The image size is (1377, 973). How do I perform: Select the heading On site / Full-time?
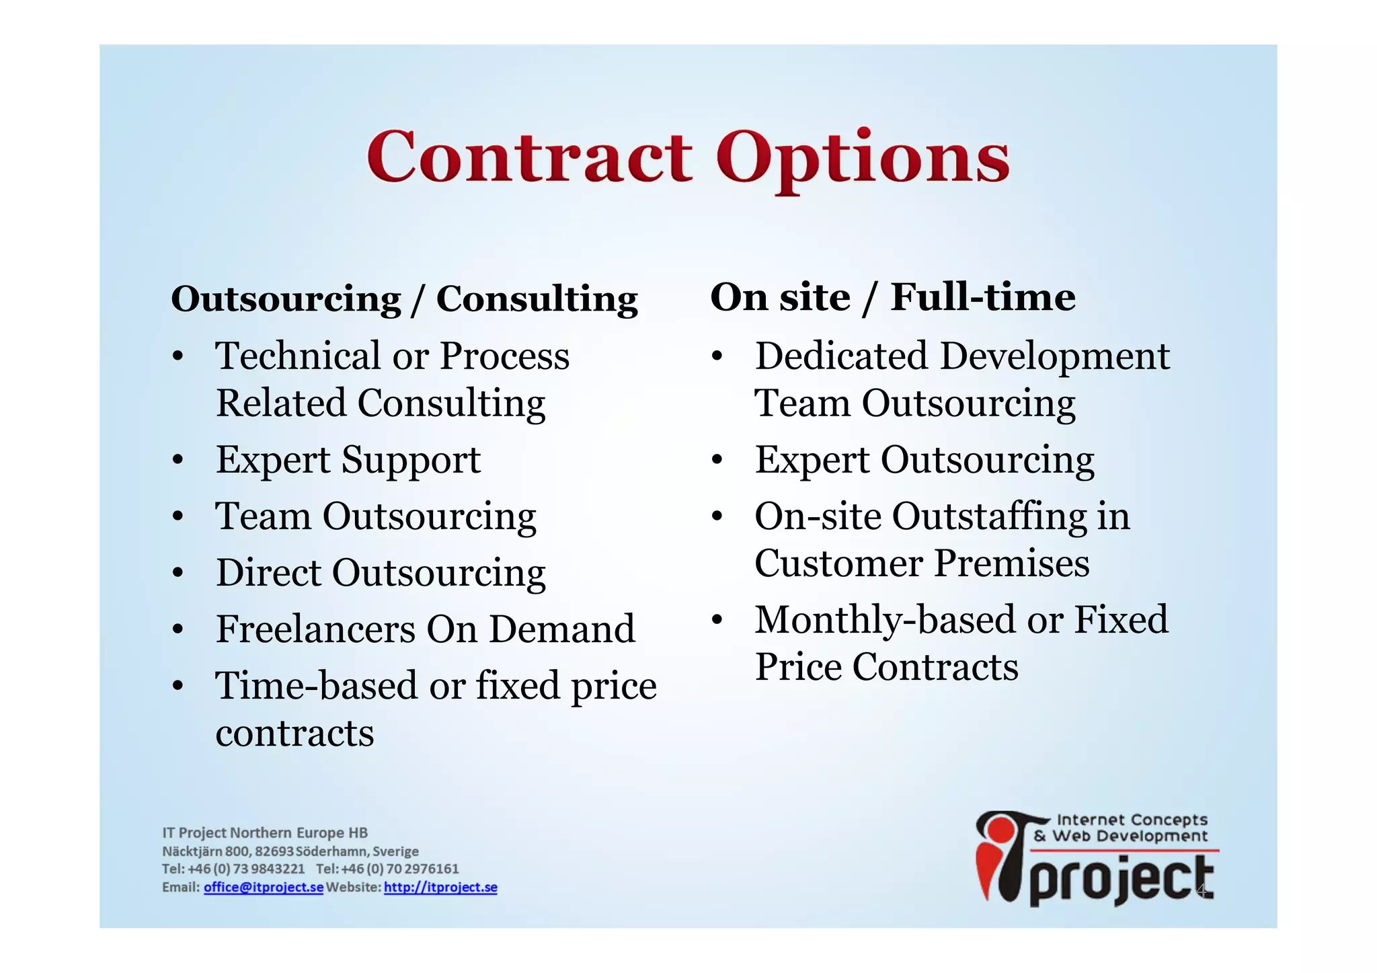pyautogui.click(x=892, y=297)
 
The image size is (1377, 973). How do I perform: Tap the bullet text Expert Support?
pyautogui.click(x=348, y=461)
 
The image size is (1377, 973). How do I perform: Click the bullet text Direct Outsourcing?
pyautogui.click(x=381, y=573)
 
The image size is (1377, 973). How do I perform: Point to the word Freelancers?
pyautogui.click(x=315, y=629)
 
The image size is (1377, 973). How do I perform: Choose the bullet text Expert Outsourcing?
pyautogui.click(x=924, y=461)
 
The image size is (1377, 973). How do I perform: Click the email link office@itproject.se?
pyautogui.click(x=264, y=888)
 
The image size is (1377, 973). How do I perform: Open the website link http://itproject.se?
pyautogui.click(x=440, y=888)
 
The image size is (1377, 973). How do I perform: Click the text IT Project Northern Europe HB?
pyautogui.click(x=265, y=833)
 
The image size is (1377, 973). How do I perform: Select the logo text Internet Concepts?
pyautogui.click(x=1132, y=820)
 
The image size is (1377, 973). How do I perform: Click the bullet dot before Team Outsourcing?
pyautogui.click(x=178, y=517)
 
